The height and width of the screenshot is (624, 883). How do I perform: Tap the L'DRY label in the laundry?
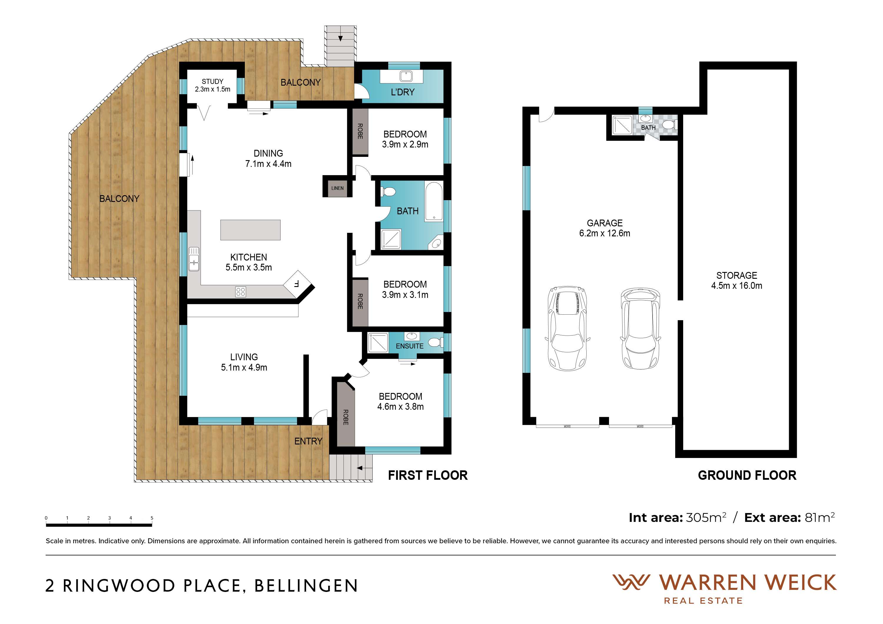(403, 92)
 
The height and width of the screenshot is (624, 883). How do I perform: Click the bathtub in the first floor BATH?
(434, 202)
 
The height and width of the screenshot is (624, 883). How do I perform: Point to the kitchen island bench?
(250, 230)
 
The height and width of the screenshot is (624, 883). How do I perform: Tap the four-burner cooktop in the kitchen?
(241, 292)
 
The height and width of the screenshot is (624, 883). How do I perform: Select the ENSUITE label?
(410, 346)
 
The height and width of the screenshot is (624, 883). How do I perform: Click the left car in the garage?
(567, 328)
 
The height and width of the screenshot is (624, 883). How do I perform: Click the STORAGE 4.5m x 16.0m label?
(736, 281)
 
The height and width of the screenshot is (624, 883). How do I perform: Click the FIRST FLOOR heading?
(428, 476)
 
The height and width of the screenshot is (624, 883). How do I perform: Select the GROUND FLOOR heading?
(747, 476)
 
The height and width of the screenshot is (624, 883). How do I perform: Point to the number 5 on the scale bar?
(152, 518)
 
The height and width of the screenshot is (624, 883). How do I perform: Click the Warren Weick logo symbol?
(631, 582)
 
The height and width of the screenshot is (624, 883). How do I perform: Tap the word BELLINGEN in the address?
(306, 586)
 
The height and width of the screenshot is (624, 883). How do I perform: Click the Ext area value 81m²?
(819, 517)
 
